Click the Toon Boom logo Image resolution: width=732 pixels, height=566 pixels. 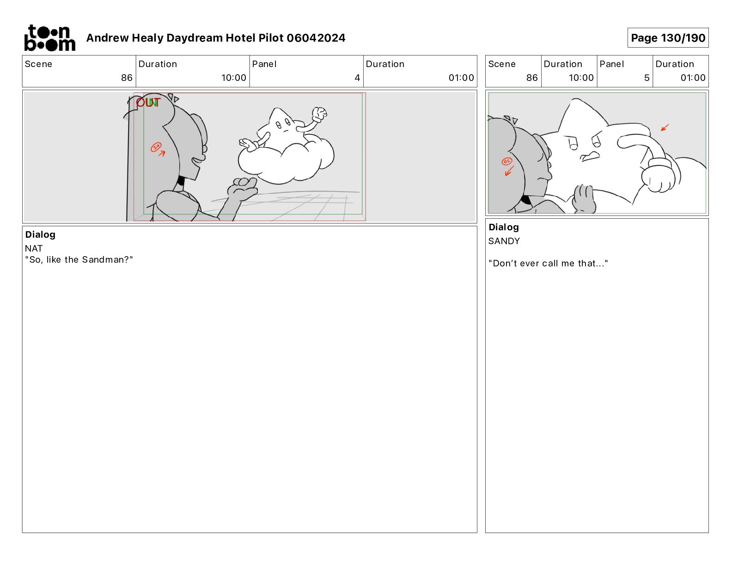(50, 38)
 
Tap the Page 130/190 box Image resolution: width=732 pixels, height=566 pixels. (668, 38)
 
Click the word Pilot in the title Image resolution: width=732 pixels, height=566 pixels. (271, 38)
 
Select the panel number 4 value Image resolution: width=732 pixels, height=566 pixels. (357, 78)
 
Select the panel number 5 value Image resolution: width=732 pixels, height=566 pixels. (647, 78)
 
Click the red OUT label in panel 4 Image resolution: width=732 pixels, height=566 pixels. (148, 103)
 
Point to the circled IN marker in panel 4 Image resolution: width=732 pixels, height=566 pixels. (156, 147)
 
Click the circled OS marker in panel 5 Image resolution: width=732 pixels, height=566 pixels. (506, 161)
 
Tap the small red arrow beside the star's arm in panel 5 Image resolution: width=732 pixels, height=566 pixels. (665, 128)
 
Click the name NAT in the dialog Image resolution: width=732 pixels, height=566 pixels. (34, 248)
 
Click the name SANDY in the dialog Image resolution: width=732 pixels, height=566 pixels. (504, 241)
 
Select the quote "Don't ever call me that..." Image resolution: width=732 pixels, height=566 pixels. (548, 263)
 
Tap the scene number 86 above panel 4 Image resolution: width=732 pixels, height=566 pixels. (127, 78)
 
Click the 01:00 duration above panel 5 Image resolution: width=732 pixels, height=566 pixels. (693, 78)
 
